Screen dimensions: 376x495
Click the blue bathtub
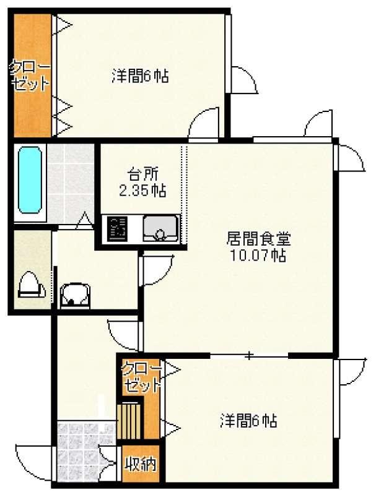point(30,180)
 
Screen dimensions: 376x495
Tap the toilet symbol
point(30,285)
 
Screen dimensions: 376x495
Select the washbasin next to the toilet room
point(75,295)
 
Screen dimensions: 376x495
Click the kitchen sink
point(160,228)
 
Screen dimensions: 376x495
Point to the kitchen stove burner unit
point(117,228)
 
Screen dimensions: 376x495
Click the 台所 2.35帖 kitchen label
point(142,182)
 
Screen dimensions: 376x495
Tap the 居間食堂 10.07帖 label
point(258,247)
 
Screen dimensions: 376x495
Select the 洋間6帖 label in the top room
point(140,76)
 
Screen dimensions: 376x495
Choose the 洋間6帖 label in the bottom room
point(248,421)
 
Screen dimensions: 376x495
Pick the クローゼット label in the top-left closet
point(30,75)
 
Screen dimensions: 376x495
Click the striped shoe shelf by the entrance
point(129,421)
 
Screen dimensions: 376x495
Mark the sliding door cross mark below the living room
point(249,356)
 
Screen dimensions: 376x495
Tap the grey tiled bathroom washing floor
point(71,183)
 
